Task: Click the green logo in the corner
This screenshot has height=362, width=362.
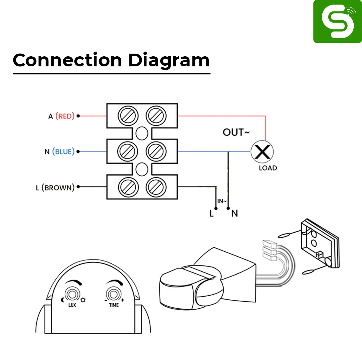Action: pos(337,21)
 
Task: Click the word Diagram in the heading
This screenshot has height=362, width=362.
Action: pos(169,61)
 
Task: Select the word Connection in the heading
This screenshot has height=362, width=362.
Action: pos(67,61)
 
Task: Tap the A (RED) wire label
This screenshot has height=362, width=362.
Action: pos(61,116)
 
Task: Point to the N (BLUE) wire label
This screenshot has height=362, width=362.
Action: pos(59,152)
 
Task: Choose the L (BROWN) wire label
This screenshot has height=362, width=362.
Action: pos(55,188)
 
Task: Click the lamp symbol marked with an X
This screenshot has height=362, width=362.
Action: pos(262,152)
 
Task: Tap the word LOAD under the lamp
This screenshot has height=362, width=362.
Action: pos(268,168)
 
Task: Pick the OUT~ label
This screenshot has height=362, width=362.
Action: pos(236,133)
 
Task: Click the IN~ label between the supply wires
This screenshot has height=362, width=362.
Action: pos(222,201)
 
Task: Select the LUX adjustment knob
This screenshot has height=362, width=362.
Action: pos(72,295)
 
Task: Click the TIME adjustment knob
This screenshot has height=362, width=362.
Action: pos(114,295)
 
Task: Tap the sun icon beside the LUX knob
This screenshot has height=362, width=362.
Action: pos(82,299)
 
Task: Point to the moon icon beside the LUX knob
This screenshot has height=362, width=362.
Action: pos(63,299)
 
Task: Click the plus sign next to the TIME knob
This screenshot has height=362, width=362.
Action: pos(123,299)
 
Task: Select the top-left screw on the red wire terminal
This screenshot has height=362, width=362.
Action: pos(128,116)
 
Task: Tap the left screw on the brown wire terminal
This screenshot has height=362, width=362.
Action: pos(128,187)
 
